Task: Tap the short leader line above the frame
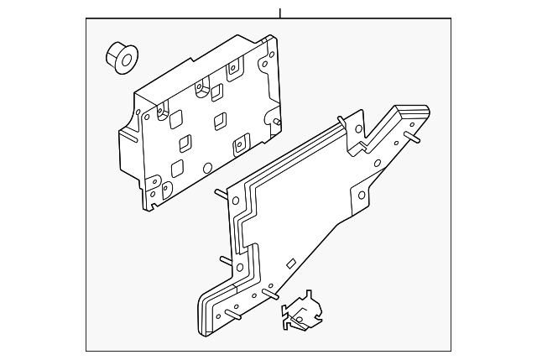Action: coord(280,13)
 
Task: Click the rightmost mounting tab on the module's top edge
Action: coord(237,70)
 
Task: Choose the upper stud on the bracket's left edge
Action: coord(220,192)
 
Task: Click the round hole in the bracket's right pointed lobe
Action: coord(362,196)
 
